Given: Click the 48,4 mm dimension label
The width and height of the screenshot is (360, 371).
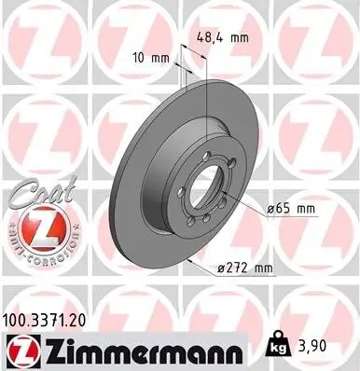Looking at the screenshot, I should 223,38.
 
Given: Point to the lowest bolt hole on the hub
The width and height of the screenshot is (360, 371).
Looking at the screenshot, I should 203,234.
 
